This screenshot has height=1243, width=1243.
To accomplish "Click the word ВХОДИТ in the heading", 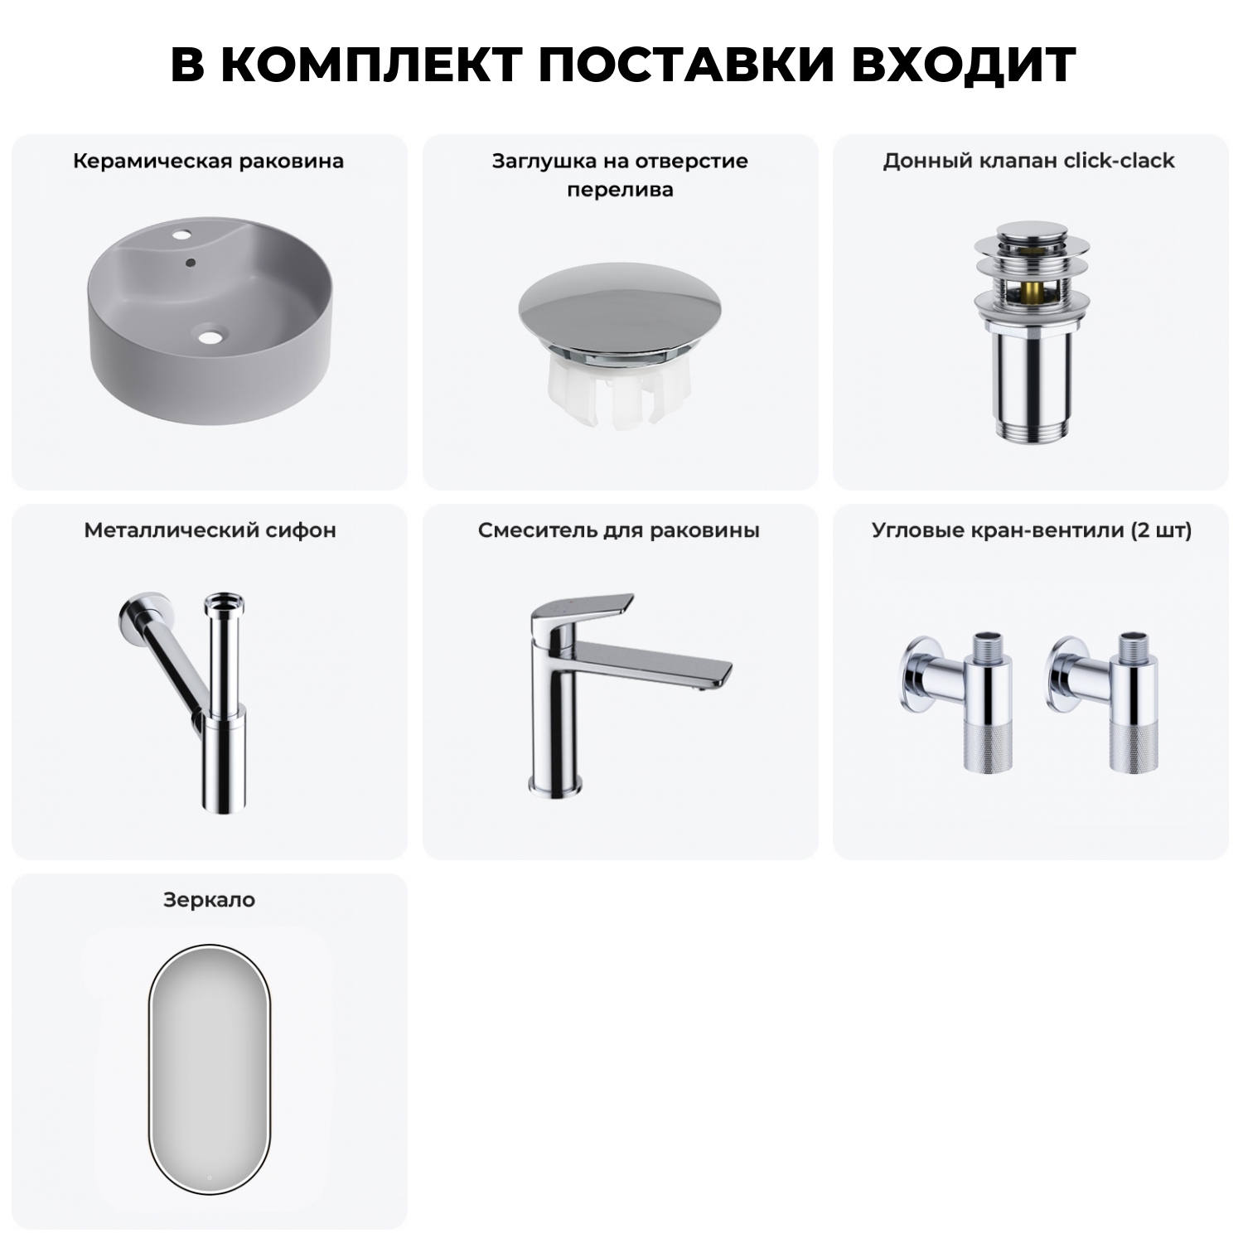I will point(964,64).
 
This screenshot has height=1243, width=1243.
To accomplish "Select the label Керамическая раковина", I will point(208,161).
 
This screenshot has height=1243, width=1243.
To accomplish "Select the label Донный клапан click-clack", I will point(1028,161).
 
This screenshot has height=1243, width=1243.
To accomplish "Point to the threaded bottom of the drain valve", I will point(1028,429).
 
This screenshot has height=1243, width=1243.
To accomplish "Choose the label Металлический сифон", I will point(210,530).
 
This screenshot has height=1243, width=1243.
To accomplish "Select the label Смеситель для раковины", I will point(618,530).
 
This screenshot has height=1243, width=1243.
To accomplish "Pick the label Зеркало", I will point(209,900).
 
